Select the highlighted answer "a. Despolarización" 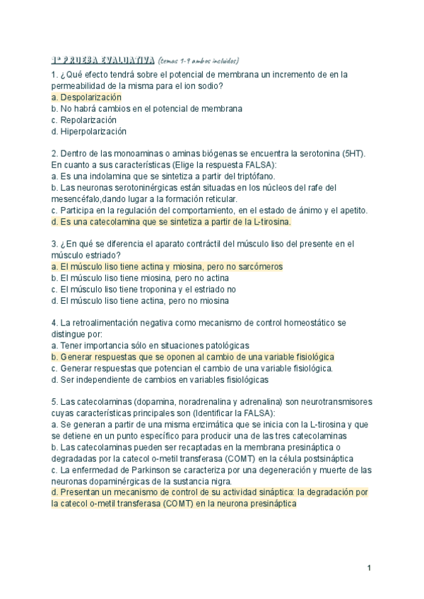pyautogui.click(x=87, y=97)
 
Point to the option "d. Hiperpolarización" pyautogui.click(x=88, y=131)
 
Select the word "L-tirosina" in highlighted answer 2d pyautogui.click(x=268, y=221)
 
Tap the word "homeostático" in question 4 pyautogui.click(x=301, y=323)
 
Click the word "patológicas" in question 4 pyautogui.click(x=225, y=345)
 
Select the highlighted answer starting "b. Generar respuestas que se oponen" pyautogui.click(x=193, y=357)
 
